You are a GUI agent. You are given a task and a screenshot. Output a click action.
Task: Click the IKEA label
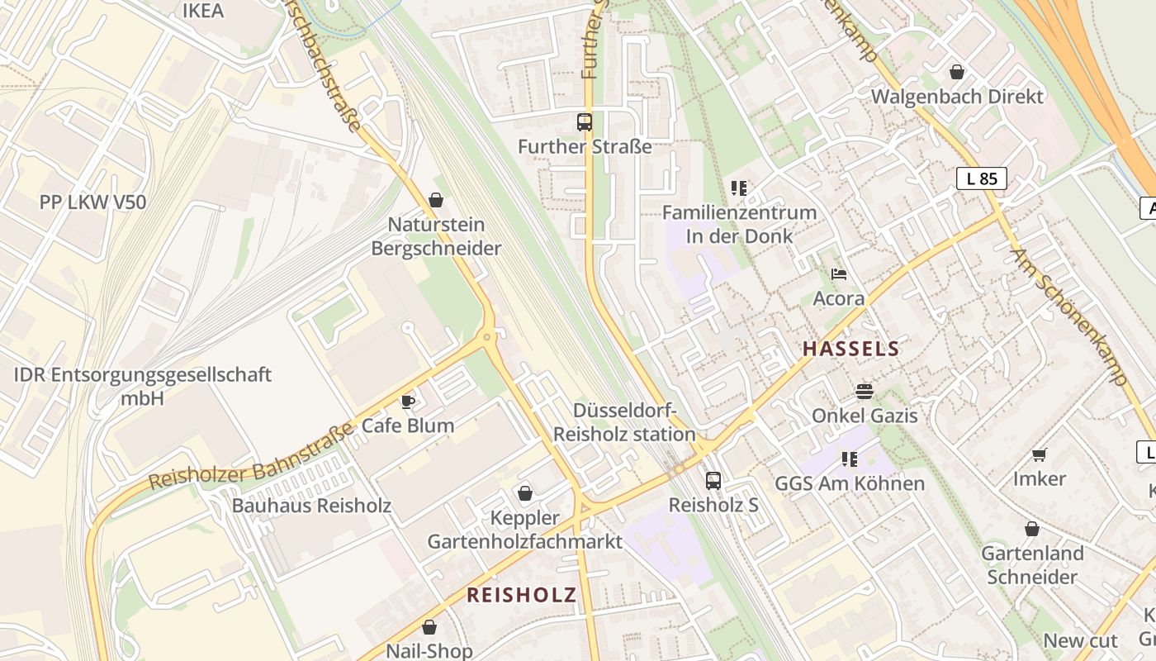[x=202, y=11]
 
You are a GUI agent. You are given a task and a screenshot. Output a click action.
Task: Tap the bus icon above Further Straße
[x=585, y=122]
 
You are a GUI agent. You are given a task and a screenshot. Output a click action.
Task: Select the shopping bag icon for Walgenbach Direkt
[x=957, y=72]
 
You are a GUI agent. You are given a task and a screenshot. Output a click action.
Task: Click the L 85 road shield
[x=982, y=178]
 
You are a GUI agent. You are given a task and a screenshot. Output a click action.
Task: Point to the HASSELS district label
[x=850, y=349]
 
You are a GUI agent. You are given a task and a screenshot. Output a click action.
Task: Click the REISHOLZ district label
[x=521, y=595]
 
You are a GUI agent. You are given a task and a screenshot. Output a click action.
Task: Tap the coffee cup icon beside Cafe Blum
[x=408, y=402]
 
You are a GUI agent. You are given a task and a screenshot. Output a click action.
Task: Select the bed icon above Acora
[x=839, y=274]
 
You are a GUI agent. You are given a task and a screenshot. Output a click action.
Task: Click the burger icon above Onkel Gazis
[x=865, y=391]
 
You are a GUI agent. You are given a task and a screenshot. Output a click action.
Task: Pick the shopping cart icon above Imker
[x=1040, y=454]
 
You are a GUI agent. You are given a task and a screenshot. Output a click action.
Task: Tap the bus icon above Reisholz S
[x=713, y=480]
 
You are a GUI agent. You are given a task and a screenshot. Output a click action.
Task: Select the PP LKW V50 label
[x=92, y=202]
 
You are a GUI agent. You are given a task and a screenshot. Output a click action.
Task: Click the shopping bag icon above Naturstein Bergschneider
[x=436, y=200]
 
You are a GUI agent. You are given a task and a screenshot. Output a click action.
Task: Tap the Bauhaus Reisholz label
[x=311, y=506]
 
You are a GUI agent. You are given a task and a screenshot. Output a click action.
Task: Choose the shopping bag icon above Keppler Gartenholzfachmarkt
[x=524, y=493]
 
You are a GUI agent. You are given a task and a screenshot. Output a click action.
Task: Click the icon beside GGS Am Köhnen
[x=850, y=459]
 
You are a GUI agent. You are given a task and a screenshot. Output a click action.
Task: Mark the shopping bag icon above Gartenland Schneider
[x=1032, y=529]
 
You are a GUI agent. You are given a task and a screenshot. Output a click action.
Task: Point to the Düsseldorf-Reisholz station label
[x=624, y=422]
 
